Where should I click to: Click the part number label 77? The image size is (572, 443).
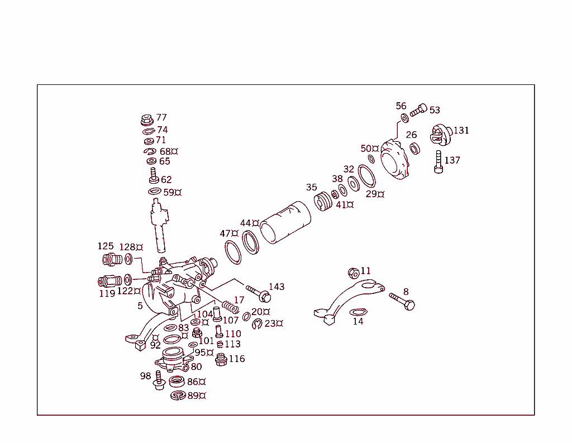pos(161,117)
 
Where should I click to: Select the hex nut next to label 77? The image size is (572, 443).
pos(147,119)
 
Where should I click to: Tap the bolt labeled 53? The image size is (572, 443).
pos(418,111)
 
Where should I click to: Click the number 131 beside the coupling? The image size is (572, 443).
pos(461,130)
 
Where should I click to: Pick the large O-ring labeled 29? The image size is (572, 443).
pos(367,177)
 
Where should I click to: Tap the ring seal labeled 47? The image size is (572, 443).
pos(233,252)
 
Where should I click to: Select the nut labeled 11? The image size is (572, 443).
pos(353,273)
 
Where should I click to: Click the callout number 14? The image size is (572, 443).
pos(357,321)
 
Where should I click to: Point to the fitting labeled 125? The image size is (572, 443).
pos(112,260)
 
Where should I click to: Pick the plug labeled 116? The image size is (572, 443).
pos(221,359)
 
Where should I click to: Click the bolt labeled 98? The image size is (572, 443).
pos(159,380)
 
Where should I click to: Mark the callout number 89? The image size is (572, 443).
pos(193,395)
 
